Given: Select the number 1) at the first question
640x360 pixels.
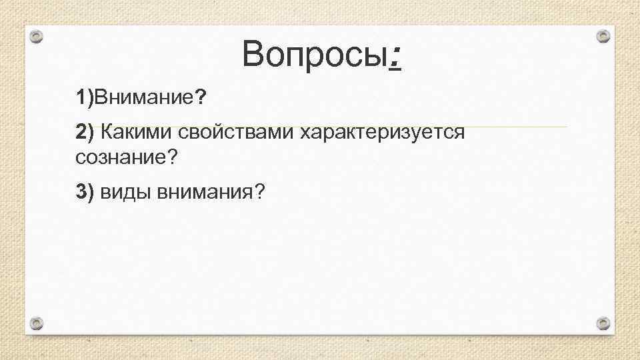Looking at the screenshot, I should tap(84, 99).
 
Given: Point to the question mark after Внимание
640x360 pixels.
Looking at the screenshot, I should tap(201, 99).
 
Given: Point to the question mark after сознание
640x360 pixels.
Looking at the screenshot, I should tap(175, 158).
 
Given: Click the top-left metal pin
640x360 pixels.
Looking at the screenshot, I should tap(38, 37).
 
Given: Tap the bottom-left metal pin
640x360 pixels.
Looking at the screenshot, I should tap(38, 323).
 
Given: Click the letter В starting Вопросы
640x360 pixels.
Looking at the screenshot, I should tap(254, 54).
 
